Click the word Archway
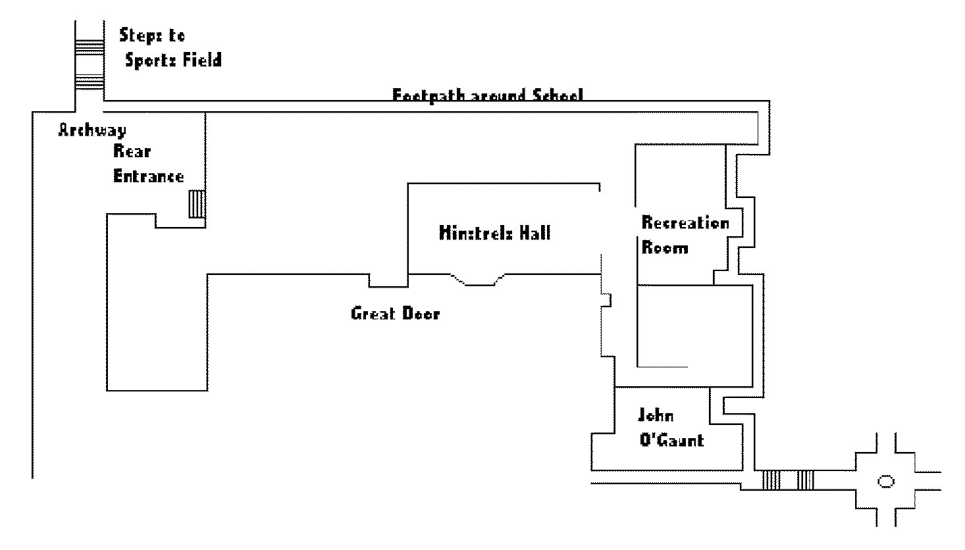click(91, 130)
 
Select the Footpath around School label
click(487, 96)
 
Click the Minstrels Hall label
click(494, 233)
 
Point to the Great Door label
click(395, 313)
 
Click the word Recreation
click(685, 223)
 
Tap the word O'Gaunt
click(671, 439)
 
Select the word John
click(656, 416)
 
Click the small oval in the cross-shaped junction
click(886, 482)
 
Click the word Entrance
click(148, 176)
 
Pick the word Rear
click(132, 151)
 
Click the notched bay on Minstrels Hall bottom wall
click(478, 280)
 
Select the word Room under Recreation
click(665, 248)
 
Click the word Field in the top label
click(201, 61)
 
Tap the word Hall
click(533, 233)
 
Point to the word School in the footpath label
click(556, 96)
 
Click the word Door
click(421, 313)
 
